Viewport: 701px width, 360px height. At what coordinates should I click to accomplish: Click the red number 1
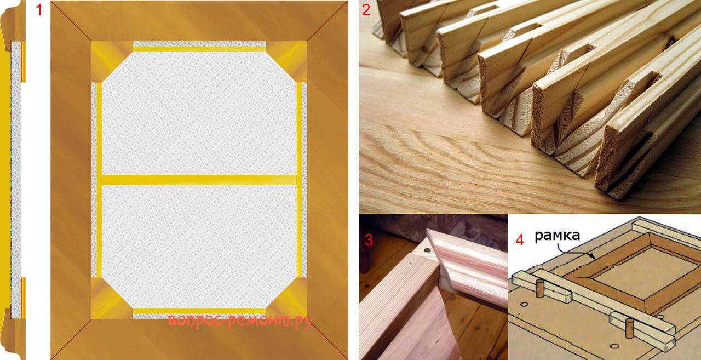pyautogui.click(x=39, y=10)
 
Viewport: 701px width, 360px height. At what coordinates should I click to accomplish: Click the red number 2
pyautogui.click(x=366, y=10)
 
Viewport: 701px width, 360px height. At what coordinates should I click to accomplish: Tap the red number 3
pyautogui.click(x=369, y=240)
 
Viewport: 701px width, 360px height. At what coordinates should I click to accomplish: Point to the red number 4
pyautogui.click(x=520, y=240)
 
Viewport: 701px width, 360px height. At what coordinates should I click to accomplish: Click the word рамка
pyautogui.click(x=557, y=236)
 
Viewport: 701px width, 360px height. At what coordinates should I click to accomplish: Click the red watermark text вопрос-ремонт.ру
pyautogui.click(x=240, y=321)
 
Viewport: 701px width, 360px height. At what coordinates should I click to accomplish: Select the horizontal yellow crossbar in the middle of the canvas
pyautogui.click(x=199, y=180)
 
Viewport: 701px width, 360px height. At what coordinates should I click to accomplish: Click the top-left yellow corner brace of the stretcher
pyautogui.click(x=112, y=62)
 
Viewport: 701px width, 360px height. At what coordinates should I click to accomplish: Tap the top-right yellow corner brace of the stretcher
pyautogui.click(x=286, y=62)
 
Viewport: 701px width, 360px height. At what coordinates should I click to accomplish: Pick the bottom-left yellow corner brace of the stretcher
pyautogui.click(x=112, y=298)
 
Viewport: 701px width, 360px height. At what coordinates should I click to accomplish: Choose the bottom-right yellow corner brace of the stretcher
pyautogui.click(x=286, y=298)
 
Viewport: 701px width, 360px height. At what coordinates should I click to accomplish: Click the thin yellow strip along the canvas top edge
pyautogui.click(x=199, y=49)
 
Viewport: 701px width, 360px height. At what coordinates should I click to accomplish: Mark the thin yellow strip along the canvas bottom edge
pyautogui.click(x=199, y=311)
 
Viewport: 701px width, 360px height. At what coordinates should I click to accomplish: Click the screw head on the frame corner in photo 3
pyautogui.click(x=427, y=250)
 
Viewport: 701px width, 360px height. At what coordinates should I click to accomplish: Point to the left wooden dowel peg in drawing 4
pyautogui.click(x=540, y=288)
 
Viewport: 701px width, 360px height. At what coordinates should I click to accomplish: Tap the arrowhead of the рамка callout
pyautogui.click(x=592, y=256)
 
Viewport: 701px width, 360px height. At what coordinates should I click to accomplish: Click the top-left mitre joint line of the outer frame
pyautogui.click(x=71, y=21)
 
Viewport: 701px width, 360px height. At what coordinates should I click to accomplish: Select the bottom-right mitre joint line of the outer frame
pyautogui.click(x=327, y=339)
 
